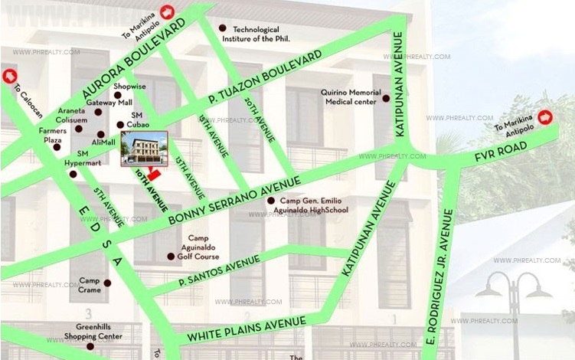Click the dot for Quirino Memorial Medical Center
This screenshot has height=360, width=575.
coord(387,98)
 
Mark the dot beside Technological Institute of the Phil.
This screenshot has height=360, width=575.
coord(223,28)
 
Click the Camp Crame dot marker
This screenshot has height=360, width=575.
coord(107,283)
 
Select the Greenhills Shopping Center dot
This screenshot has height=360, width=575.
coord(91,346)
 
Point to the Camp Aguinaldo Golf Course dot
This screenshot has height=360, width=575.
coord(170,257)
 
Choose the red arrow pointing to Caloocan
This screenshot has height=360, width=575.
coord(9,76)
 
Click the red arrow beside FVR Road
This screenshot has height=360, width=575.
coord(545,117)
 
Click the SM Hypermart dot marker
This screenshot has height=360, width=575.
coord(73,174)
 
